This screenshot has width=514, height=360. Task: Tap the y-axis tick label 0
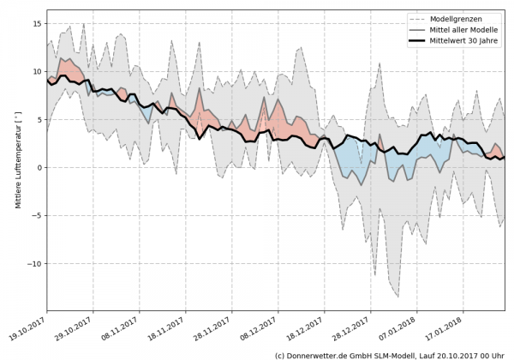pos(38,168)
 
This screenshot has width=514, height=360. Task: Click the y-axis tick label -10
pos(33,264)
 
